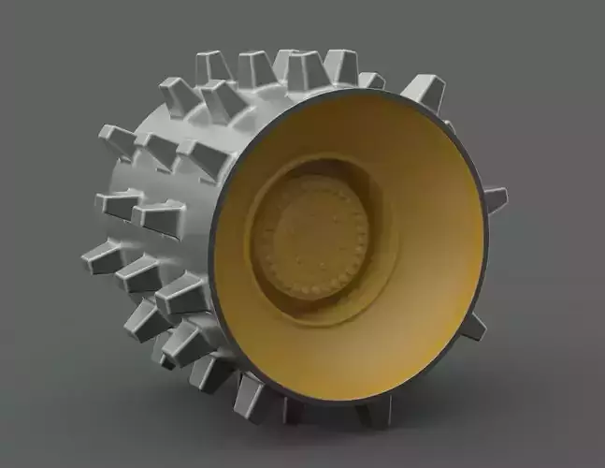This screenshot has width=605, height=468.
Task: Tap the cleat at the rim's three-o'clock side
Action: coord(493,199)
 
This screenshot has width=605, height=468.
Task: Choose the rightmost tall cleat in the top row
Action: coord(340,67)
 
